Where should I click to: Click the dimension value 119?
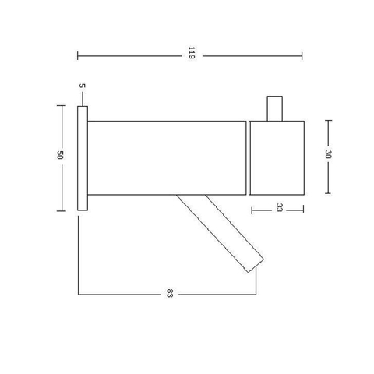[192, 53]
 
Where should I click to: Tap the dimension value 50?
[60, 155]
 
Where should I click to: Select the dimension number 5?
[82, 86]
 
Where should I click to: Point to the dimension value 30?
[328, 154]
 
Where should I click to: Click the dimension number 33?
[279, 207]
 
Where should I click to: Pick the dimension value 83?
[169, 293]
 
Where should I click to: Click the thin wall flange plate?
[83, 158]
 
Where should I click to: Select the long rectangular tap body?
[167, 157]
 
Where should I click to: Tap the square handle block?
[277, 157]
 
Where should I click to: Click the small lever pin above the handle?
[275, 108]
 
